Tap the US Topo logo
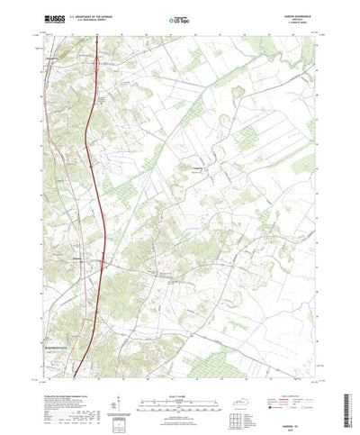[x=180, y=18]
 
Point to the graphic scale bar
[x=180, y=378]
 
